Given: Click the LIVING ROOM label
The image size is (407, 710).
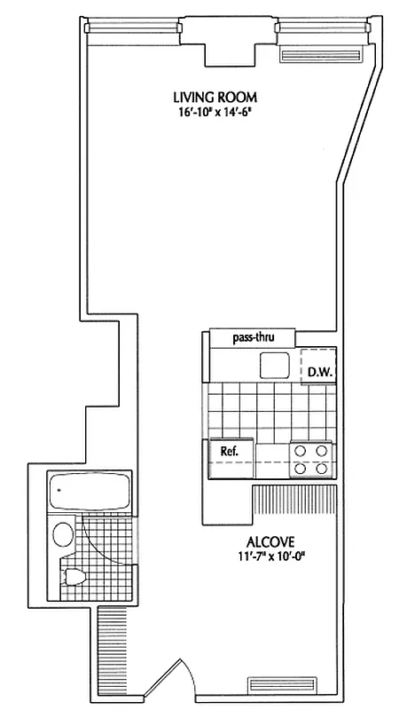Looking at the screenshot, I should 208,99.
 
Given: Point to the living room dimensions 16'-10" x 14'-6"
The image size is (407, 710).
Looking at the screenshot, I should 208,113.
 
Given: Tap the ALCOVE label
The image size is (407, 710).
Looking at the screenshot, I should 270,541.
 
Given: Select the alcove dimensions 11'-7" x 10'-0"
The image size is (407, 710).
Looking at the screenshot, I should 270,556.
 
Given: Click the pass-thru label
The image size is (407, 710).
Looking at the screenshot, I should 252,338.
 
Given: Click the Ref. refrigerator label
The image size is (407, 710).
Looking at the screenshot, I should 230,451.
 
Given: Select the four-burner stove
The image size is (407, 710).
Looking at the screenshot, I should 312,459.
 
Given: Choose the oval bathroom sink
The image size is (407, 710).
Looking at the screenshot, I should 63,535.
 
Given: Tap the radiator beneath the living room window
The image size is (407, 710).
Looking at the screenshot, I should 322,55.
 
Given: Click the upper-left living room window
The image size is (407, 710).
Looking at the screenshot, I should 133,28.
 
